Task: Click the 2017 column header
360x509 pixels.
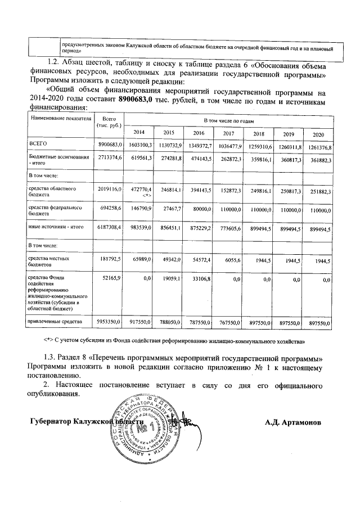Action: [x=228, y=133]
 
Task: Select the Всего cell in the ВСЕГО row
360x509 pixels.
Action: [x=110, y=146]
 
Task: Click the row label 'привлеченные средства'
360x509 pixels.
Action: [x=52, y=321]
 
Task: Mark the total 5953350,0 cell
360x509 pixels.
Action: [x=110, y=322]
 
